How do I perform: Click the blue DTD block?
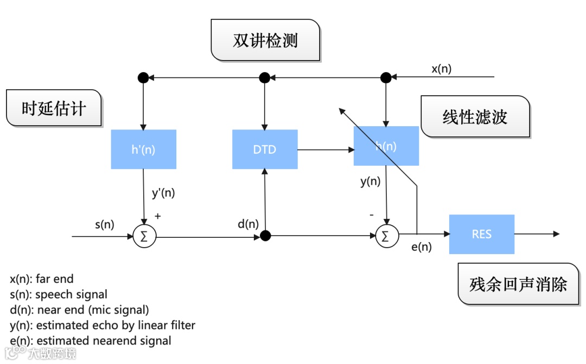(265, 149)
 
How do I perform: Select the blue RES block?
(481, 234)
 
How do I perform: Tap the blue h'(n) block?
(143, 149)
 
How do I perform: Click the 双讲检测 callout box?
(265, 40)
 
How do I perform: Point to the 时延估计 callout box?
(54, 108)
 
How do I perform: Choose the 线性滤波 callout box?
(475, 116)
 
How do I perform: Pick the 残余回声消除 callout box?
(518, 284)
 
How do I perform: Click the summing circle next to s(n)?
(144, 236)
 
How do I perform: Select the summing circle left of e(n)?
(386, 236)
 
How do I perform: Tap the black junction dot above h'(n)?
(143, 77)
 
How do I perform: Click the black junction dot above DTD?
(264, 77)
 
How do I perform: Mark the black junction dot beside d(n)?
(265, 236)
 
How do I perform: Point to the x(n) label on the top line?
(441, 69)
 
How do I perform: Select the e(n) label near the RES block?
(422, 247)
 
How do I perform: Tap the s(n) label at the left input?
(104, 224)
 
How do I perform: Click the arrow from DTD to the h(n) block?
(325, 149)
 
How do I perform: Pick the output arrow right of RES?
(537, 234)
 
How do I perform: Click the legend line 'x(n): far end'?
(42, 279)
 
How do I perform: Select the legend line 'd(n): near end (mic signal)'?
(79, 310)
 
